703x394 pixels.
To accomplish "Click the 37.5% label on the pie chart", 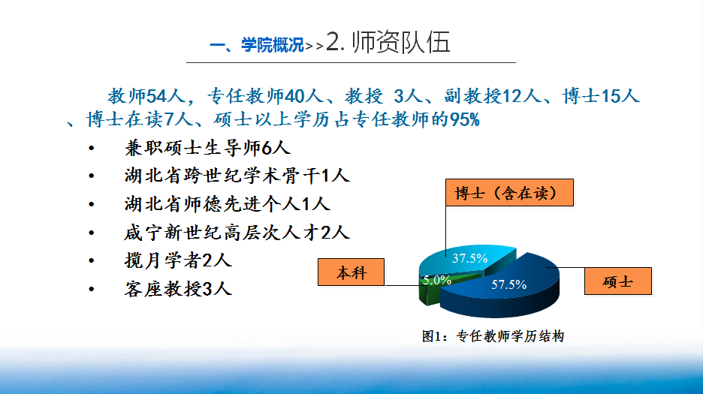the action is pyautogui.click(x=469, y=258).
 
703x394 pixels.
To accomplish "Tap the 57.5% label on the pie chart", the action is pyautogui.click(x=508, y=284).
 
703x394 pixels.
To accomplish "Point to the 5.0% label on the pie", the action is pyautogui.click(x=436, y=280).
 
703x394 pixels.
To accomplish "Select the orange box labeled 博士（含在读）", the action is pyautogui.click(x=509, y=193).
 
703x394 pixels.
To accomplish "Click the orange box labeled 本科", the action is pyautogui.click(x=351, y=272).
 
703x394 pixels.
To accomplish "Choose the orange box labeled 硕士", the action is pyautogui.click(x=618, y=281).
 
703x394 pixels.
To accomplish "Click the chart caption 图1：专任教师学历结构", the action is pyautogui.click(x=493, y=336).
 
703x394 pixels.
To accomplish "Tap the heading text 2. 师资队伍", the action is pyautogui.click(x=388, y=42).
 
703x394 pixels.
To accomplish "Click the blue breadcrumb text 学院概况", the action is pyautogui.click(x=273, y=45).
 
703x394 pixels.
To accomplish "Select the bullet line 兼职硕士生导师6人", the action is pyautogui.click(x=207, y=148).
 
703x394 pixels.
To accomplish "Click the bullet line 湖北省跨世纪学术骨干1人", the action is pyautogui.click(x=237, y=176).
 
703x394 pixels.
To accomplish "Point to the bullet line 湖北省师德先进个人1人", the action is pyautogui.click(x=228, y=204).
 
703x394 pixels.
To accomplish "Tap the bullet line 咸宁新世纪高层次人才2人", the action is pyautogui.click(x=237, y=233).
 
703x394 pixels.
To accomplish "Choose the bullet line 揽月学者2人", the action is pyautogui.click(x=178, y=260).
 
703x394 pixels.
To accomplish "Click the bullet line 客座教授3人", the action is pyautogui.click(x=178, y=289).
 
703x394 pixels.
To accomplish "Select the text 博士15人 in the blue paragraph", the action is pyautogui.click(x=601, y=96).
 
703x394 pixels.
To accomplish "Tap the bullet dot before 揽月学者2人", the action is pyautogui.click(x=92, y=261).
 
